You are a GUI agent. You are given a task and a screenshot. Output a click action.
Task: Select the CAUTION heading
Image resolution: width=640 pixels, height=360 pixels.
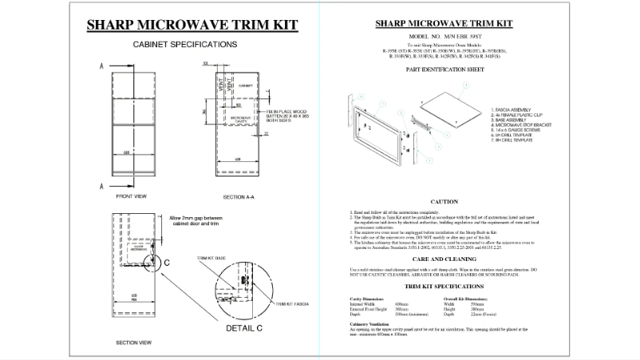click(x=443, y=202)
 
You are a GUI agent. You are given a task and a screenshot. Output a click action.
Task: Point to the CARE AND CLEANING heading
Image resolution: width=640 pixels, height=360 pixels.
click(x=443, y=259)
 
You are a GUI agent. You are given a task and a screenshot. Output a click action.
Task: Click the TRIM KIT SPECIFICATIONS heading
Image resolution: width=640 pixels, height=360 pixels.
click(x=443, y=285)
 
